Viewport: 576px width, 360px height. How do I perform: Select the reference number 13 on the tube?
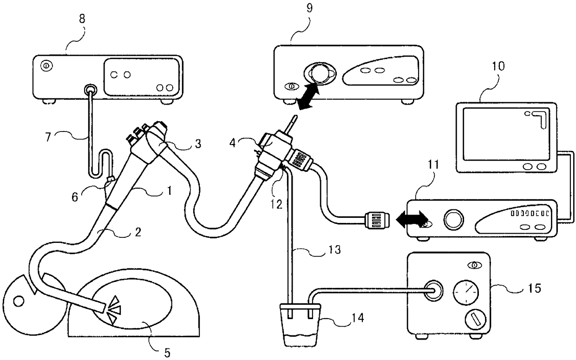click(x=334, y=249)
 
